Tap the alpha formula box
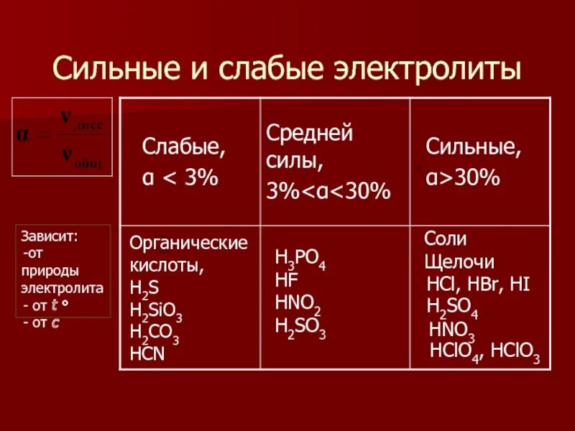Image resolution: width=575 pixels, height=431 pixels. [x=61, y=136]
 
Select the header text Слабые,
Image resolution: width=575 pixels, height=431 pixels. [x=184, y=149]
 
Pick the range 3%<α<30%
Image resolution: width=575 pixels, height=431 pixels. [x=328, y=192]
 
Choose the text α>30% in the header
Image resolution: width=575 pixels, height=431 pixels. [x=462, y=179]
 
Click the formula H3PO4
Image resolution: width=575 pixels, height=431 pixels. [x=300, y=259]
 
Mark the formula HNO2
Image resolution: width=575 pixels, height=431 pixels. [x=298, y=304]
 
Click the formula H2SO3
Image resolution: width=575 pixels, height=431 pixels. [x=300, y=327]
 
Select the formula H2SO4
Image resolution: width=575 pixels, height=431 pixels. [x=452, y=307]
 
